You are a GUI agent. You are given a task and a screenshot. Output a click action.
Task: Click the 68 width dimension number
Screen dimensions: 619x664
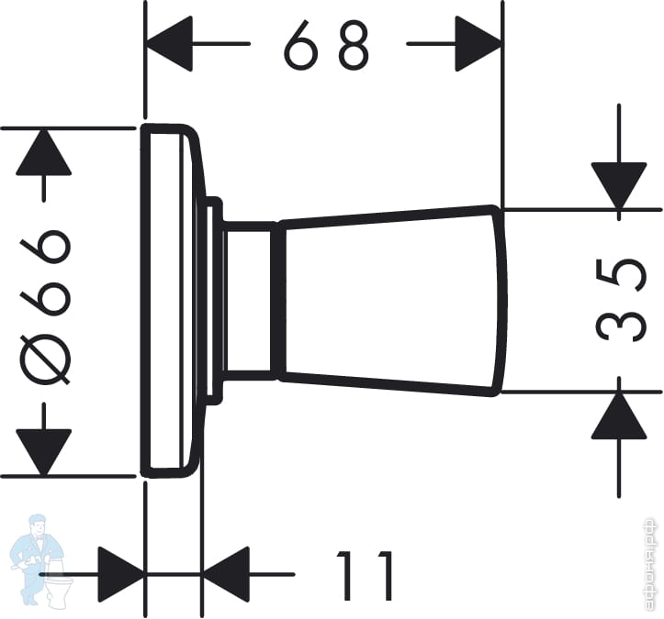(327, 45)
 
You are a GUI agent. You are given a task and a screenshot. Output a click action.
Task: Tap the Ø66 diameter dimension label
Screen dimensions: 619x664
(43, 303)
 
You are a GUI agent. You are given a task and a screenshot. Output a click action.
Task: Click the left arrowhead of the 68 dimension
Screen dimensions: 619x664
(170, 44)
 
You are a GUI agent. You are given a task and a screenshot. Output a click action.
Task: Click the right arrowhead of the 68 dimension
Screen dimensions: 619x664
(478, 44)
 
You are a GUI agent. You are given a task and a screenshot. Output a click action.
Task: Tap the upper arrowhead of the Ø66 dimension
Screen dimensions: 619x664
(43, 151)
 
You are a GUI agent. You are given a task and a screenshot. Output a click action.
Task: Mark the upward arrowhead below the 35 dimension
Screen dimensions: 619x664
(618, 415)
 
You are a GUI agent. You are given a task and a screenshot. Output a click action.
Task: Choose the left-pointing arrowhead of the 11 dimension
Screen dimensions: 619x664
(226, 574)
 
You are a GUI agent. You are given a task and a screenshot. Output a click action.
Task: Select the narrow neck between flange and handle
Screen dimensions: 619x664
(249, 300)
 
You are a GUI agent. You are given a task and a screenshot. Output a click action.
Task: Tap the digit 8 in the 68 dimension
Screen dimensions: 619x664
(353, 45)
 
